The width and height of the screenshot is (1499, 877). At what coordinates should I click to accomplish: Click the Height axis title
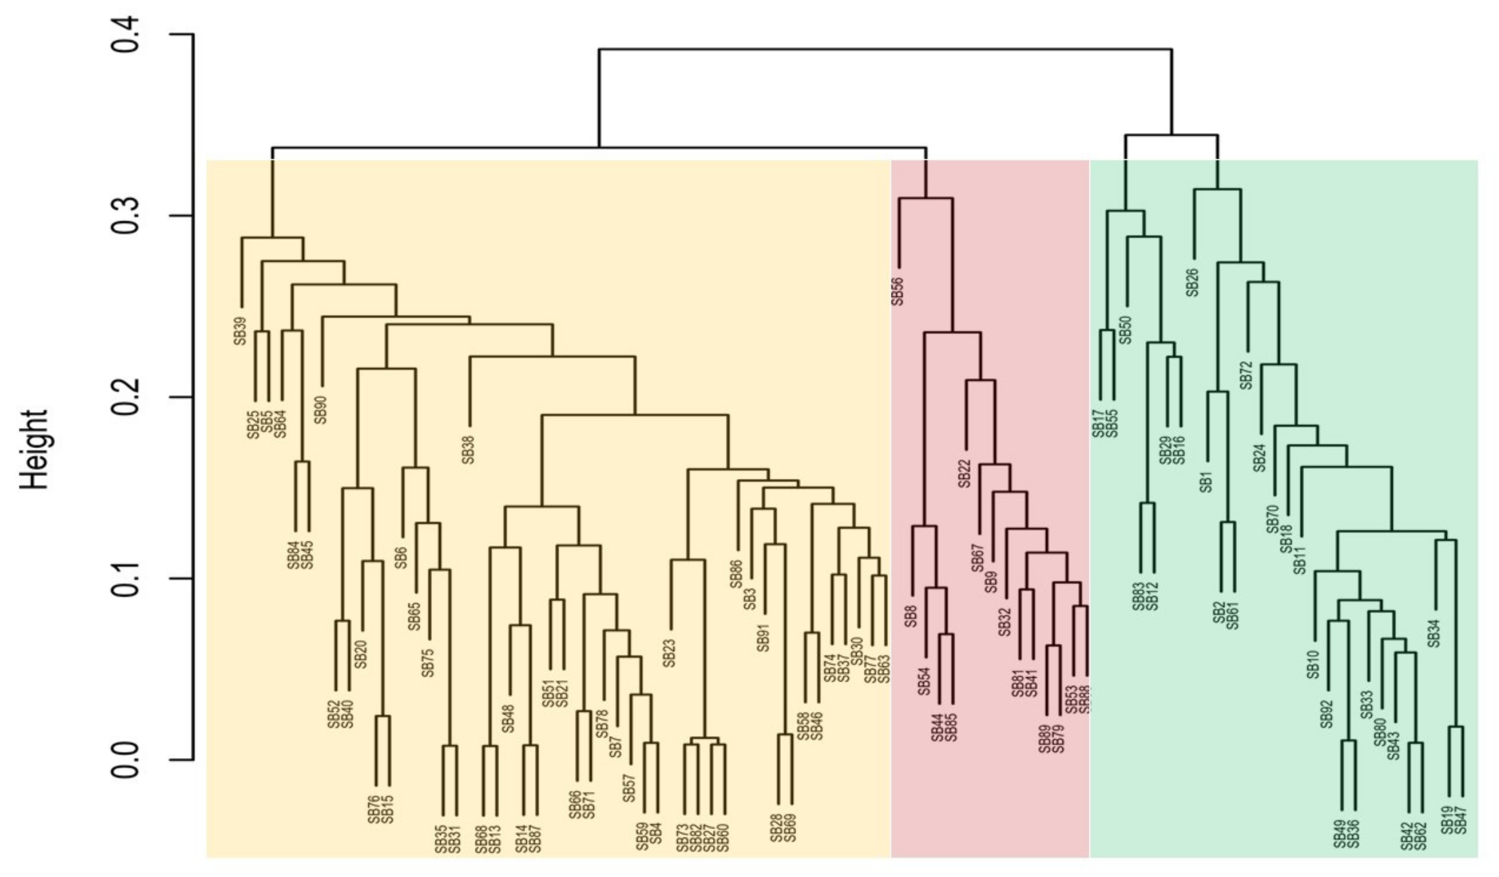[x=34, y=449]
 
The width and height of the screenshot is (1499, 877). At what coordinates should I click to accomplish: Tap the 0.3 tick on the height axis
[x=126, y=215]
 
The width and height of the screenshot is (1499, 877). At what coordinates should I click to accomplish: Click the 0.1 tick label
[x=126, y=578]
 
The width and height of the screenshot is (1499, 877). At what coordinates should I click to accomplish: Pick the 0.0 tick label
[x=126, y=760]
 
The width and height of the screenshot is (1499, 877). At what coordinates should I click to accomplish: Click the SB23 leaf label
[x=670, y=653]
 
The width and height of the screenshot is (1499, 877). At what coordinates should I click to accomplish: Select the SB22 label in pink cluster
[x=965, y=473]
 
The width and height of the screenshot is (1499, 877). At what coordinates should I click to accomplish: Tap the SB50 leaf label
[x=1126, y=330]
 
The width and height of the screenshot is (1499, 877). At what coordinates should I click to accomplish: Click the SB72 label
[x=1247, y=375]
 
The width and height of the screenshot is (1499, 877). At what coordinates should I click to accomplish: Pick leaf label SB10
[x=1313, y=665]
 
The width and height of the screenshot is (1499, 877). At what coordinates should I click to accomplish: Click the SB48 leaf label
[x=509, y=718]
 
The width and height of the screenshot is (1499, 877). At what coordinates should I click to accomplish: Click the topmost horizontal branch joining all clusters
[x=885, y=49]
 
